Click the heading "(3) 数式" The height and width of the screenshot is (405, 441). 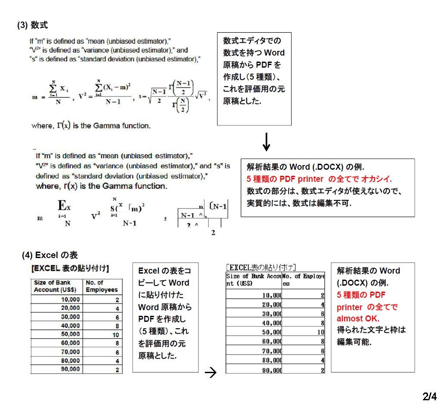coord(32,25)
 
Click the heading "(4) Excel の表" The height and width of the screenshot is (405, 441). coord(50,255)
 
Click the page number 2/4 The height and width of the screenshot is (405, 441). coord(429,396)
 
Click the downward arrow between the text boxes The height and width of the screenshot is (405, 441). coord(267,142)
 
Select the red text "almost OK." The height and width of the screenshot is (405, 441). coord(358,319)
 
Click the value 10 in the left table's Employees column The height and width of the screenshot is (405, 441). coord(115,334)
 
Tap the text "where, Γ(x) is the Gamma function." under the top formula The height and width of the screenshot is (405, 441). coord(91,126)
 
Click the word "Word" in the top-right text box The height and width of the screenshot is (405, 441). coord(274,53)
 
